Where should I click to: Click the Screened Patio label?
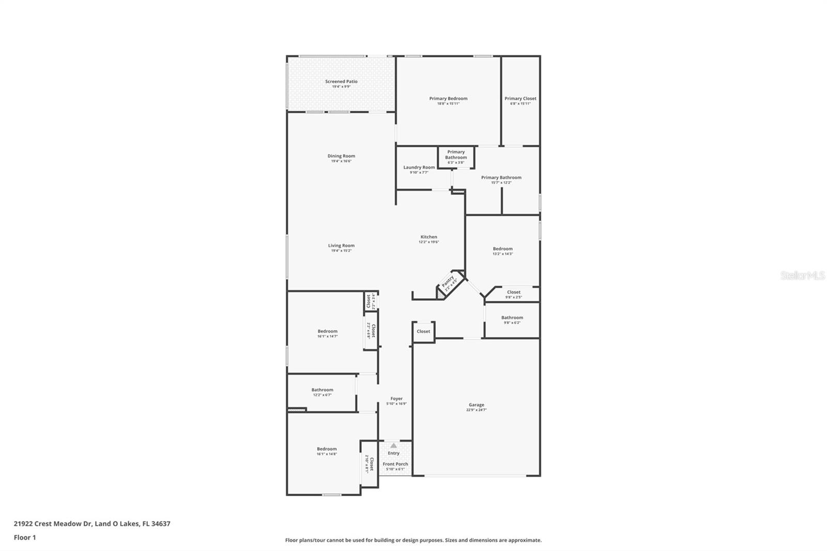341,82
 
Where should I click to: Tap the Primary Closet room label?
520,98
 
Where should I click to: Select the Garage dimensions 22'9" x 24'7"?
476,410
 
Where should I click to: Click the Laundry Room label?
419,167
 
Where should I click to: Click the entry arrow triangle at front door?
393,446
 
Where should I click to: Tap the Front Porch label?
395,464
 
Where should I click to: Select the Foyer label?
396,399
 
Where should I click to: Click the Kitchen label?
428,237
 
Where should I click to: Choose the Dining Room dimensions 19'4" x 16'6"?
341,161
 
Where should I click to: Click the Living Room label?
341,246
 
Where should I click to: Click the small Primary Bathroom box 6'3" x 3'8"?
456,157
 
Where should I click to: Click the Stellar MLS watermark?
802,276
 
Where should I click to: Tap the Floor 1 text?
25,538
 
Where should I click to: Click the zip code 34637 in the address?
160,524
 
